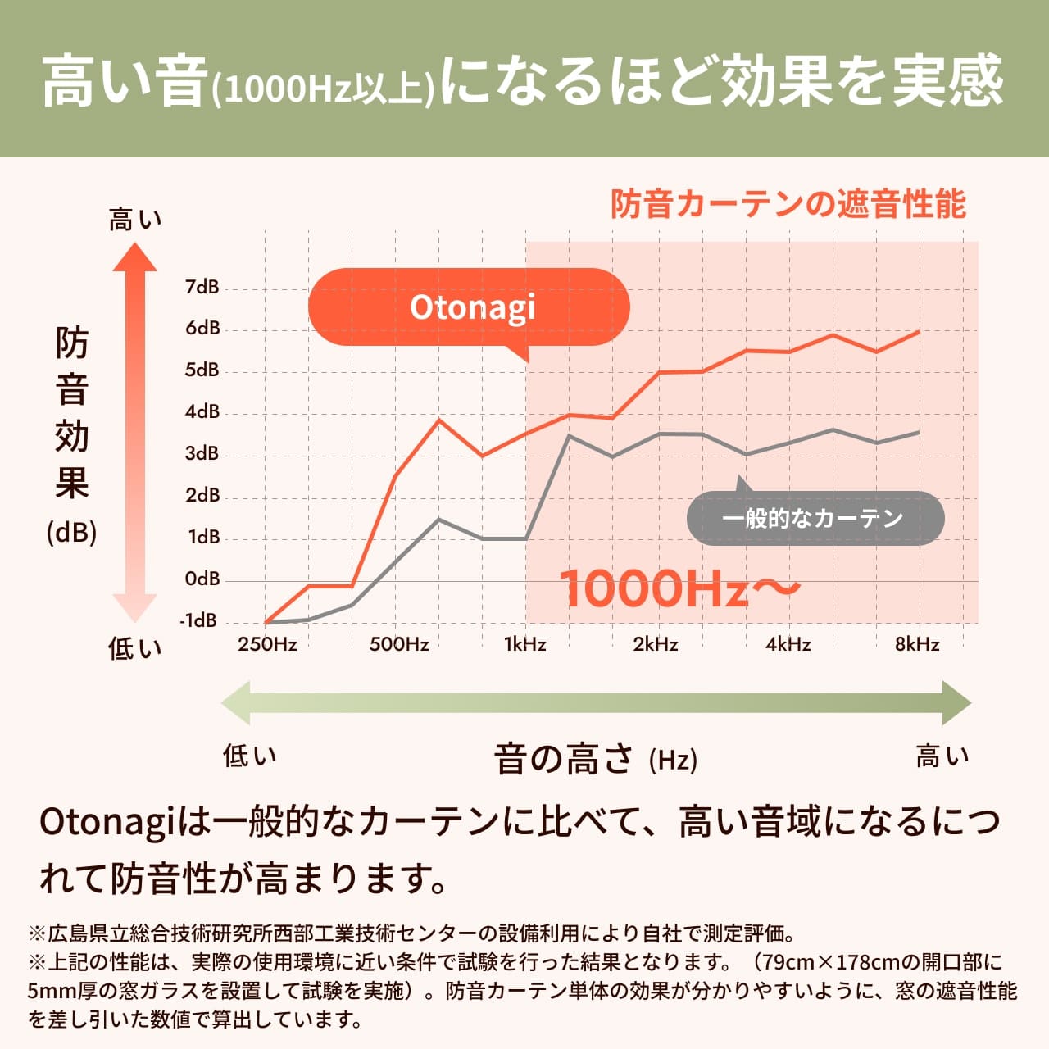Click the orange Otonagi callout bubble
(469, 307)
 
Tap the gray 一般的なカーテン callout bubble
(815, 518)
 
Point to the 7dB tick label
(202, 287)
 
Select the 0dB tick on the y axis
(202, 579)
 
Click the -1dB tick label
(199, 620)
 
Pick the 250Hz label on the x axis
(267, 644)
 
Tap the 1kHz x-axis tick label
(524, 644)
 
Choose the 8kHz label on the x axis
(917, 644)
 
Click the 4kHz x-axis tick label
(788, 644)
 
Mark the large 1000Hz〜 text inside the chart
(679, 588)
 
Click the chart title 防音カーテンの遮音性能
(788, 204)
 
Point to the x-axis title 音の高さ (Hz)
(595, 759)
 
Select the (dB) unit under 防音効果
(72, 533)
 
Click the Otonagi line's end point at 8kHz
(919, 331)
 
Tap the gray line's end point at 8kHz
(919, 432)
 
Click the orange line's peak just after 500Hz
(439, 420)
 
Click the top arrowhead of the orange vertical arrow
(134, 257)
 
